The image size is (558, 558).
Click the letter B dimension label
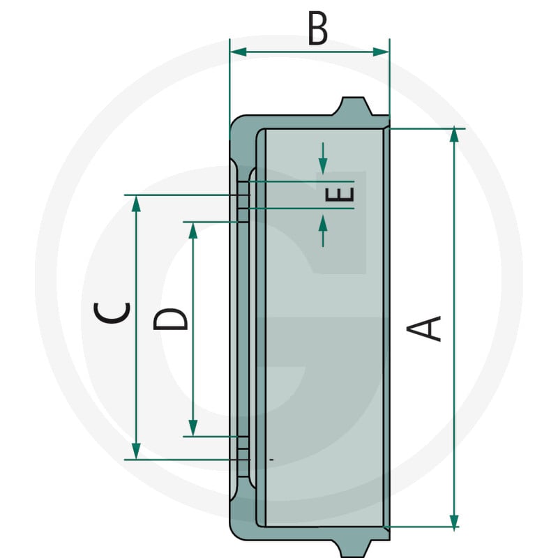pyautogui.click(x=317, y=29)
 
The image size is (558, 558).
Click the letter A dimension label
pyautogui.click(x=424, y=329)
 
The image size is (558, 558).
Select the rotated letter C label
pyautogui.click(x=112, y=312)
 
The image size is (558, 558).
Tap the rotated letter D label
pyautogui.click(x=170, y=319)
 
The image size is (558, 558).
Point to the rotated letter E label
pyautogui.click(x=340, y=195)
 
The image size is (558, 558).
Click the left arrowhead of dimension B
pyautogui.click(x=239, y=52)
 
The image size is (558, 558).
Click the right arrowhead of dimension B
pyautogui.click(x=381, y=52)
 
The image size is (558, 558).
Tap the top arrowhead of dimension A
pyautogui.click(x=454, y=135)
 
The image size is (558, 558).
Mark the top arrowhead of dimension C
pyautogui.click(x=136, y=204)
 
